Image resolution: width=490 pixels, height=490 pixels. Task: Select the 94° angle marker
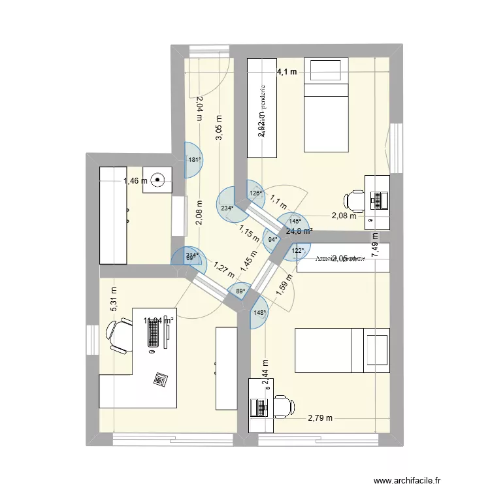[272, 239]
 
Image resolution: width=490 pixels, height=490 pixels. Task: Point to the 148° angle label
[259, 313]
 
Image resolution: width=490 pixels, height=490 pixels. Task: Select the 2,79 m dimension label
[319, 418]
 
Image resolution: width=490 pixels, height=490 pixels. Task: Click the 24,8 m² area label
[299, 231]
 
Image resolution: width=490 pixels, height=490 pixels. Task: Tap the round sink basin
[158, 179]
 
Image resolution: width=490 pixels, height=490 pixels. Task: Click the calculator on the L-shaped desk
[159, 378]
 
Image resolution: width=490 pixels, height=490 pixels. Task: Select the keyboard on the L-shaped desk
[153, 335]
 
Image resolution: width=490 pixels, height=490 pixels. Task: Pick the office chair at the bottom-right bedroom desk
[282, 406]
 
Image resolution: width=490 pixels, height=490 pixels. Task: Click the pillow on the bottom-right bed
[376, 353]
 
